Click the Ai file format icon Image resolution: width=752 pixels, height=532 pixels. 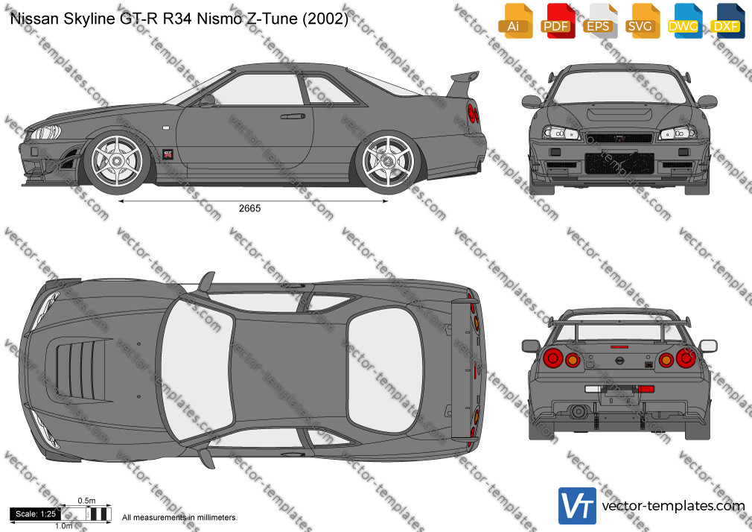(514, 21)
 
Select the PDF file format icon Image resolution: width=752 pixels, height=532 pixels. (557, 21)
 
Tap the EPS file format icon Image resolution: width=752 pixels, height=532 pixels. (599, 21)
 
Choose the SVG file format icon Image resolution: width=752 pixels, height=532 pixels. (641, 21)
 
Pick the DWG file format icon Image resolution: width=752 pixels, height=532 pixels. (684, 21)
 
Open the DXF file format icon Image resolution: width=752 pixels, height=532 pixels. (726, 21)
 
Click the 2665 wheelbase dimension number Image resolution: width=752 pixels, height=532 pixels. (250, 209)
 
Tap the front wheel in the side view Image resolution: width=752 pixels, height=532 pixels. (117, 161)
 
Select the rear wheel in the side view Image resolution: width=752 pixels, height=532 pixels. (388, 161)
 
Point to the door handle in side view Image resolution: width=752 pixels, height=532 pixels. (293, 116)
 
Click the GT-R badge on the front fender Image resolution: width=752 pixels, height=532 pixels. (168, 154)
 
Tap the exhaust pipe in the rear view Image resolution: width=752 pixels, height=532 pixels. (578, 411)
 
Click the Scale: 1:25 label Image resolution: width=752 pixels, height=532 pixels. (36, 514)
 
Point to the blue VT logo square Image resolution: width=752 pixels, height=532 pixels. (578, 506)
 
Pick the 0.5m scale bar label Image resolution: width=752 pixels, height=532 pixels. (87, 501)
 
